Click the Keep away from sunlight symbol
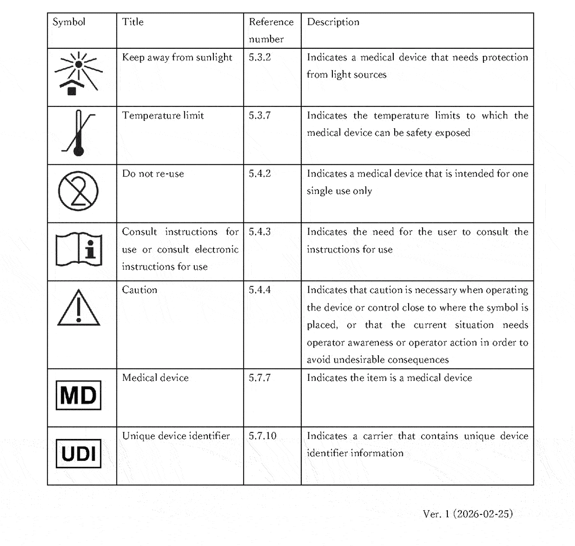coord(78,74)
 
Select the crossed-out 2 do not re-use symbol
coord(78,191)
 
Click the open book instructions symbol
coord(78,249)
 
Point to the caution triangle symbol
coord(78,308)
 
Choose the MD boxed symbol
coord(78,395)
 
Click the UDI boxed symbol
coord(78,453)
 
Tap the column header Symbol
coord(69,22)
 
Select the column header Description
coord(333,22)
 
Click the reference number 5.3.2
coord(260,57)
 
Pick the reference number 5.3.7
coord(260,116)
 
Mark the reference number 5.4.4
coord(260,290)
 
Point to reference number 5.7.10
coord(262,436)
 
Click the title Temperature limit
coord(163,116)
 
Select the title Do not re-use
coord(153,174)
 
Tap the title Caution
coord(139,290)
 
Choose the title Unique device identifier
coord(176,436)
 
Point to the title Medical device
coord(155,378)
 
